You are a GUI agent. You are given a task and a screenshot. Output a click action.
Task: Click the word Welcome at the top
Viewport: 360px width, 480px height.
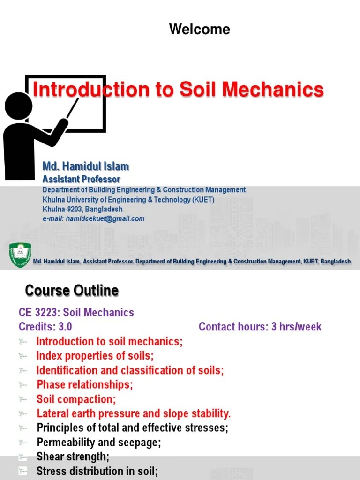click(199, 30)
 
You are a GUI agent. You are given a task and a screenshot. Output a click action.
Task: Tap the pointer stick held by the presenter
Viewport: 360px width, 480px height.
click(72, 108)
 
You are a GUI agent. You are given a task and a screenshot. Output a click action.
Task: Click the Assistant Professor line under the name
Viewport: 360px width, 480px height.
click(81, 179)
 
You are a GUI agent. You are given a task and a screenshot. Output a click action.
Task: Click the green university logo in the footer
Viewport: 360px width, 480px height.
click(20, 255)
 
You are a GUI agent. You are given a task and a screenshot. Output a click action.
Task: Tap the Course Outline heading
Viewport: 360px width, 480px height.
click(72, 291)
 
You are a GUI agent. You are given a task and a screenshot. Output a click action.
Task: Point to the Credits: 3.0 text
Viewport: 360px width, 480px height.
click(45, 327)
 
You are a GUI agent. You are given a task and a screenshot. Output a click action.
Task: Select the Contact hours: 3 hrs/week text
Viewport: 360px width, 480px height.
click(260, 327)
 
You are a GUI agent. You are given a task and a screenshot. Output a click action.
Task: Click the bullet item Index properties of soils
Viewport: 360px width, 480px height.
click(95, 356)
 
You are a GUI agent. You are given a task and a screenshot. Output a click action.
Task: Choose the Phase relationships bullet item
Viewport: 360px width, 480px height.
click(85, 385)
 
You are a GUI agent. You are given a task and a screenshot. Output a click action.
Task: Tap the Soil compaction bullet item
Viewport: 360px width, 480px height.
click(76, 399)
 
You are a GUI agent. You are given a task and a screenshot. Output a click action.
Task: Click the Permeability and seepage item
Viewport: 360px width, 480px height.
click(98, 442)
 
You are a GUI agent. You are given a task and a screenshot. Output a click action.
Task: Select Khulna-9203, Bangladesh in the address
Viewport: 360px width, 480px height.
click(82, 209)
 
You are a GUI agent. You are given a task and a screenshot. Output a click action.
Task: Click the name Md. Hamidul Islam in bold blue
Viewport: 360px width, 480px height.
click(86, 166)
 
